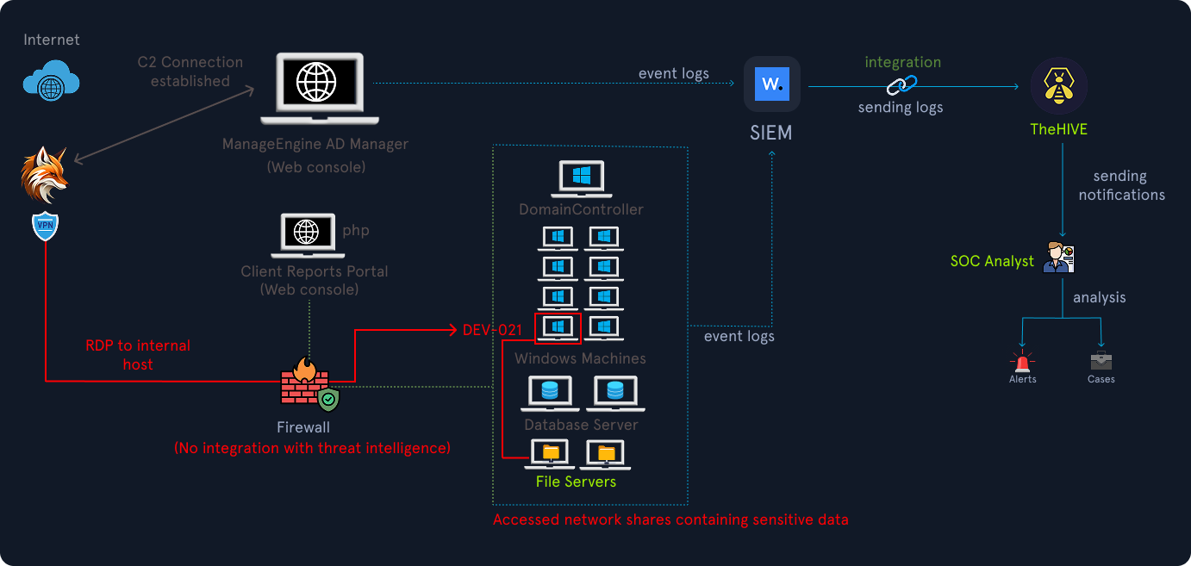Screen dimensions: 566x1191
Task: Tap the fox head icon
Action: pos(44,175)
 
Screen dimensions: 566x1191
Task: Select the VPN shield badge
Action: pos(44,227)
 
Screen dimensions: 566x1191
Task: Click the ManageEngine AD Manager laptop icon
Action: pos(319,89)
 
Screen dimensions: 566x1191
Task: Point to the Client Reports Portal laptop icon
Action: pos(308,236)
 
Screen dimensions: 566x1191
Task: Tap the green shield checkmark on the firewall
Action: pos(328,400)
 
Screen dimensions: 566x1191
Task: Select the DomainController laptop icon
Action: pos(581,179)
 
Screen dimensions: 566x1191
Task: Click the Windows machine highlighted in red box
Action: pos(558,328)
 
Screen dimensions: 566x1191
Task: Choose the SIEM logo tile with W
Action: pos(772,84)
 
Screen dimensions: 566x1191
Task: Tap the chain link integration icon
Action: pos(902,85)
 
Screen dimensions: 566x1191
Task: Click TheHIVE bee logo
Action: pos(1059,86)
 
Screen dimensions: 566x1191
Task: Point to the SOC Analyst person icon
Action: pos(1057,257)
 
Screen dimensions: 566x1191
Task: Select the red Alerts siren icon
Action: pos(1023,359)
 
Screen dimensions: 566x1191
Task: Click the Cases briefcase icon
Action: pos(1101,360)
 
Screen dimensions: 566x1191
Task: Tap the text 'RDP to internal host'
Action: pos(138,355)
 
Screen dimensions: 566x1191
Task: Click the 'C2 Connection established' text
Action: pos(190,72)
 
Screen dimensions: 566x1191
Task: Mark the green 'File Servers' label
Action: pos(576,482)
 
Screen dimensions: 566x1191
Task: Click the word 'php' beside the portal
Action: pos(356,231)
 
